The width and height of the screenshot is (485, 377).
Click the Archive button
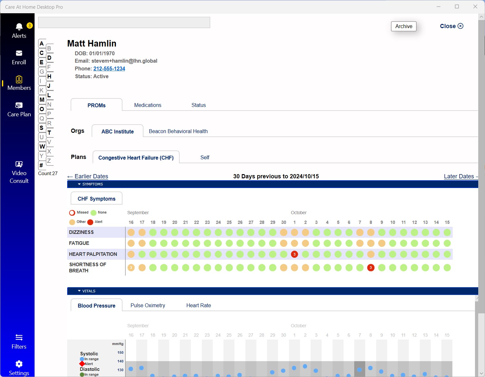point(404,26)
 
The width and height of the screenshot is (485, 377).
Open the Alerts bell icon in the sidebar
point(19,26)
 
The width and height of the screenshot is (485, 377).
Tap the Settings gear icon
point(19,364)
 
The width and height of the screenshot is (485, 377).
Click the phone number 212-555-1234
point(109,68)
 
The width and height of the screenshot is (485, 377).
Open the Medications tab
point(148,105)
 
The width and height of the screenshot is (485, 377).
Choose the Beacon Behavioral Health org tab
point(178,131)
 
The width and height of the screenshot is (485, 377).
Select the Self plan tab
point(205,157)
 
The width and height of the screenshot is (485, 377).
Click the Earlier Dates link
point(88,176)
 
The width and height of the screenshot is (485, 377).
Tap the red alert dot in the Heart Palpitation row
point(294,254)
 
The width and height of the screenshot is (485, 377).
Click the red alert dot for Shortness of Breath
point(371,267)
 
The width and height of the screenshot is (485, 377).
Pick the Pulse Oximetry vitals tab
point(148,305)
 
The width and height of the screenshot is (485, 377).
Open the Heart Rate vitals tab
point(199,305)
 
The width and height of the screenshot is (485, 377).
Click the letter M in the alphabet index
point(42,100)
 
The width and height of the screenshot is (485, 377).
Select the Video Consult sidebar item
point(19,172)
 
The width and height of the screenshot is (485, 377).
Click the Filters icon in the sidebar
point(19,338)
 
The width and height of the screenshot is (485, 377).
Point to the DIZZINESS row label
point(81,232)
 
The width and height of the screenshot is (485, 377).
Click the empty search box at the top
point(124,23)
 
